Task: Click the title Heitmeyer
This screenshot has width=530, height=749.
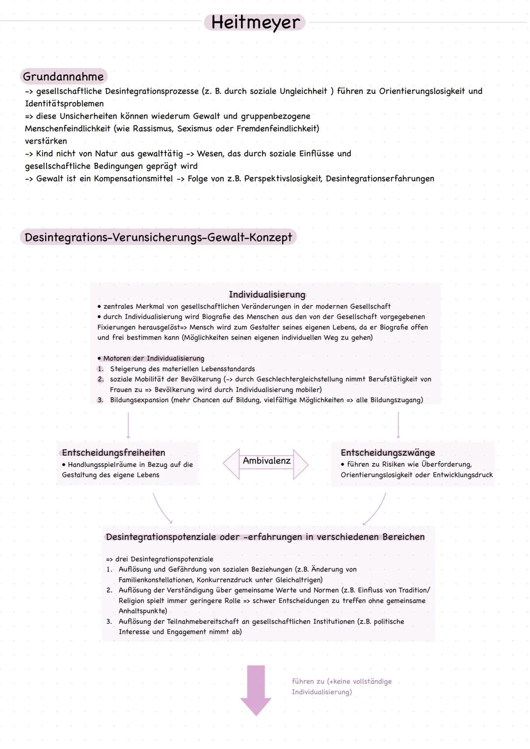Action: point(255,23)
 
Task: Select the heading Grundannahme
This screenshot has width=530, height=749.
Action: point(63,77)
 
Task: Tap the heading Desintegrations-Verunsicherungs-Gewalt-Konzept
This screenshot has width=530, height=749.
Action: point(158,237)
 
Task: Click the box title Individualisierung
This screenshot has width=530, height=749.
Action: point(266,295)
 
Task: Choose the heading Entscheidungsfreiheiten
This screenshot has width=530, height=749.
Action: point(113,453)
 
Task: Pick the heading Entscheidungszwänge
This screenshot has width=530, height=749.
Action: point(388,453)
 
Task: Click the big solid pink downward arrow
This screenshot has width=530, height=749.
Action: point(255,689)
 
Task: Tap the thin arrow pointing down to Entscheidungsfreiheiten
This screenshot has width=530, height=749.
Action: point(128,425)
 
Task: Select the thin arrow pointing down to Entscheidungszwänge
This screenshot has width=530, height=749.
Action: point(398,425)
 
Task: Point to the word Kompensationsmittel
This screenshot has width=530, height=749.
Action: point(133,179)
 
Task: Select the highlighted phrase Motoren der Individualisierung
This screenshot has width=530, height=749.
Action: point(153,359)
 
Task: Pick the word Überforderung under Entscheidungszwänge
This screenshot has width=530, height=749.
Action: point(446,465)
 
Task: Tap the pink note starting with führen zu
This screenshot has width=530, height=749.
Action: point(342,687)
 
